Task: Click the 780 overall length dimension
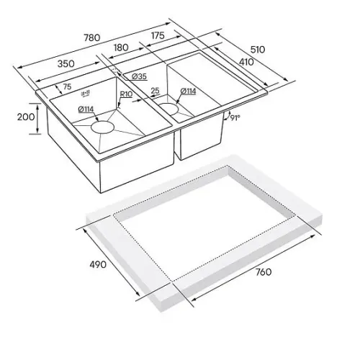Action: click(91, 38)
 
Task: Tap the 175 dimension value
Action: click(158, 35)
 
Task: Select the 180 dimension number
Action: click(121, 48)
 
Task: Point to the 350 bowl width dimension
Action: click(66, 64)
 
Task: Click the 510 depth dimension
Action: click(258, 50)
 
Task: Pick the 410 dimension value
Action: click(246, 62)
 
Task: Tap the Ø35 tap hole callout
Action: click(139, 76)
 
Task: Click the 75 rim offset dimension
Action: click(67, 86)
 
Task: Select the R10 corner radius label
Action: click(126, 94)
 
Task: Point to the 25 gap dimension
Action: click(156, 91)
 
